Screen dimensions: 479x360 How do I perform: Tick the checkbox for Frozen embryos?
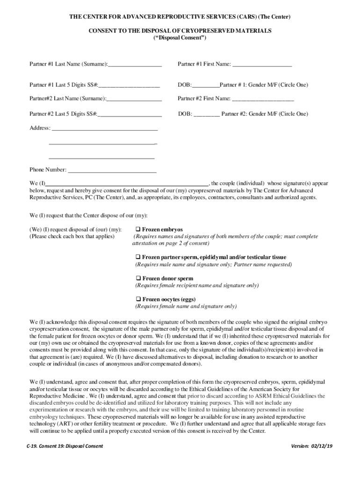[x=138, y=230]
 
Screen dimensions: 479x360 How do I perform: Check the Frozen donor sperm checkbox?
[x=138, y=278]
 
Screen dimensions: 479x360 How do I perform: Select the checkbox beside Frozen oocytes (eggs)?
[x=138, y=299]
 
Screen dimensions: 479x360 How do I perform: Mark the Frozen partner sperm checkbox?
[x=138, y=257]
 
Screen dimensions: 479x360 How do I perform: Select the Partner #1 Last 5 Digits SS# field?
[x=129, y=85]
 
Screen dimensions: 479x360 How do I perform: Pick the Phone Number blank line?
[x=112, y=170]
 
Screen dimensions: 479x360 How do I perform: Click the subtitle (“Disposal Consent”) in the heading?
[x=180, y=38]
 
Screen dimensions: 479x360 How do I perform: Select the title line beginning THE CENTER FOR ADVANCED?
[x=180, y=17]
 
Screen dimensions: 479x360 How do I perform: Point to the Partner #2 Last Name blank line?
[x=134, y=99]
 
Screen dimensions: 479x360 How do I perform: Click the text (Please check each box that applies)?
[x=72, y=237]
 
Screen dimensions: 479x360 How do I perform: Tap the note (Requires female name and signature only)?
[x=186, y=307]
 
